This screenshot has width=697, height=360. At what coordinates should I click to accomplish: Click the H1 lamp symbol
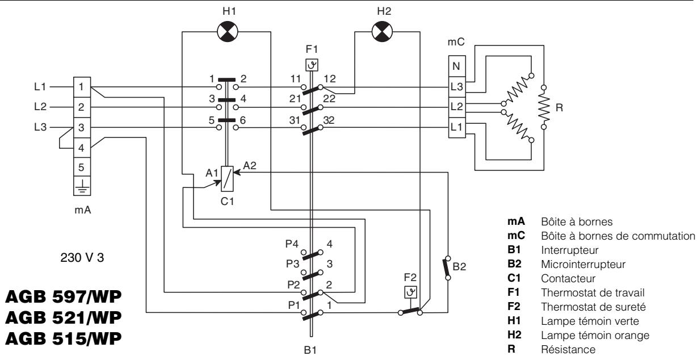(228, 31)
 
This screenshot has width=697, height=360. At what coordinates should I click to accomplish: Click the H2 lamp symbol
(382, 31)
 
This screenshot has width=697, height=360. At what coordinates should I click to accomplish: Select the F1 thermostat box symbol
(312, 65)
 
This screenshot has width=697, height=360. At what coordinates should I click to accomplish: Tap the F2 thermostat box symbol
(410, 292)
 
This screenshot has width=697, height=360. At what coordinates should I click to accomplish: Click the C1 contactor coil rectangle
(227, 179)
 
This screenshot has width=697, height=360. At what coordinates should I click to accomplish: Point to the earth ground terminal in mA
(82, 186)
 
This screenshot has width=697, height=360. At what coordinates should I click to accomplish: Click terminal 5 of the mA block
(82, 168)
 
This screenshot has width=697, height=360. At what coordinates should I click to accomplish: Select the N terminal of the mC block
(457, 66)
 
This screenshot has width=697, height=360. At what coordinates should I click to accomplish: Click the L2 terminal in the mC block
(457, 107)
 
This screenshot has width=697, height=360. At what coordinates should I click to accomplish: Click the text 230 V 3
(82, 258)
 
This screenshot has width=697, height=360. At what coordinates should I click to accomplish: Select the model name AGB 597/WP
(63, 296)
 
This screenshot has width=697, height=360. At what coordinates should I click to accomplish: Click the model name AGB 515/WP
(63, 338)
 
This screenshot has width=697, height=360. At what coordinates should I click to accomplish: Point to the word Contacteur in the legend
(568, 278)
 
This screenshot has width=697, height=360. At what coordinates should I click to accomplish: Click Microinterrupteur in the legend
(583, 264)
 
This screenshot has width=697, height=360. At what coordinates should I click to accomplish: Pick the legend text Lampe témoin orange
(595, 336)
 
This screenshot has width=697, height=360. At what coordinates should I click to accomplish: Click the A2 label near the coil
(250, 165)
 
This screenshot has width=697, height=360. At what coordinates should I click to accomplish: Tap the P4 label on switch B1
(292, 244)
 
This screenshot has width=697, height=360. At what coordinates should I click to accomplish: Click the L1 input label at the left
(40, 86)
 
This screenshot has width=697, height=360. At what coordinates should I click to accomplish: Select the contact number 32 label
(329, 120)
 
